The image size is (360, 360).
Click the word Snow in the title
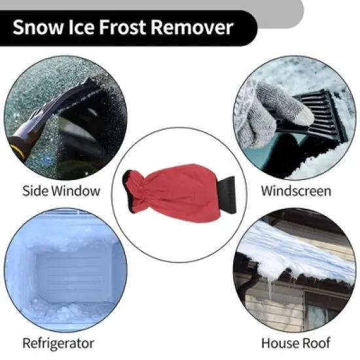point(37,27)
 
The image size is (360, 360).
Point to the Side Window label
point(62,191)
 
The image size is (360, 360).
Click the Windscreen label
point(296,191)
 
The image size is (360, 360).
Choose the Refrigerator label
point(58,343)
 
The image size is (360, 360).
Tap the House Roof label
point(296,343)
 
